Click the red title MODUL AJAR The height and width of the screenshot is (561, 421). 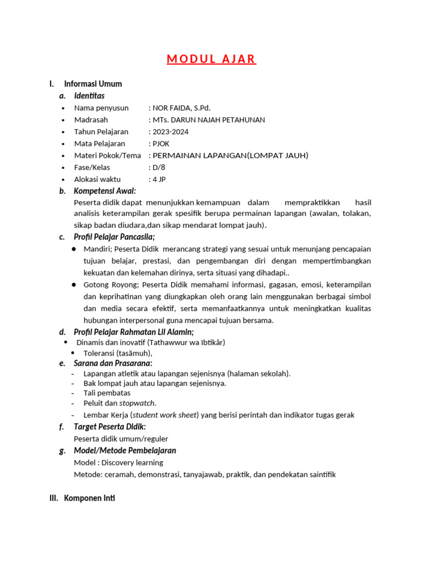tap(211, 59)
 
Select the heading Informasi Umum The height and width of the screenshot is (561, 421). tap(93, 84)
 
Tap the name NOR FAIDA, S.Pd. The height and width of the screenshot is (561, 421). tap(181, 108)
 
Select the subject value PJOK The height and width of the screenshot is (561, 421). tap(162, 144)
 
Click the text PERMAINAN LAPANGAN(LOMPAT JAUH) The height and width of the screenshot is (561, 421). tap(230, 156)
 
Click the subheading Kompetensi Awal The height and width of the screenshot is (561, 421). tap(105, 191)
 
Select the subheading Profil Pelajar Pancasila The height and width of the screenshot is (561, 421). tap(114, 237)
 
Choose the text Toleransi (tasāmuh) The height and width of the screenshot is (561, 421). tap(118, 353)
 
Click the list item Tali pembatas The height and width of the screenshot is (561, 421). tap(107, 393)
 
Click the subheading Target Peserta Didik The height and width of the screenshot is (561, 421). tap(110, 427)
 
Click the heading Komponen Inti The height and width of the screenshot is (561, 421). tap(89, 498)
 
